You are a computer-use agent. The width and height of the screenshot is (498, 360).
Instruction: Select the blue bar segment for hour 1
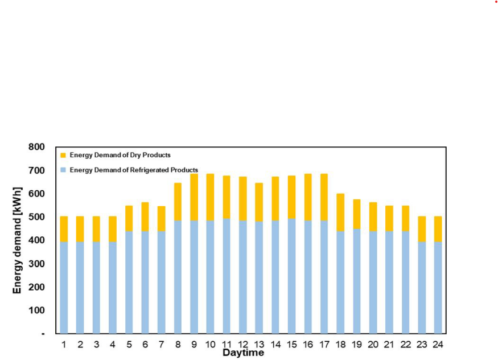64,288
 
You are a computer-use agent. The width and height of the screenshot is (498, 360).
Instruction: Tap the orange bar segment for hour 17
324,197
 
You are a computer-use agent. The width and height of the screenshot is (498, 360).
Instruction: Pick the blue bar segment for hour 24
438,288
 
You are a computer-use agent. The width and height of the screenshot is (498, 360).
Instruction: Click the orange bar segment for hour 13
259,202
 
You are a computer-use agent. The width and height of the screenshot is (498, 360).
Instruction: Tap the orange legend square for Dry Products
63,155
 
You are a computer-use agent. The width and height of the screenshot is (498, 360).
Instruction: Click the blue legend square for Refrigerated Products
63,170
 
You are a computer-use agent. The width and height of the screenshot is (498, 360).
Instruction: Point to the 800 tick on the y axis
36,147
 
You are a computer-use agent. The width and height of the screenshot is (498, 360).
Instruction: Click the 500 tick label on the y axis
36,217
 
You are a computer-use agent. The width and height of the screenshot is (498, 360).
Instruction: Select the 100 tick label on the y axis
36,310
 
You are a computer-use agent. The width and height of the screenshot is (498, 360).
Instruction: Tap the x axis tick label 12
243,344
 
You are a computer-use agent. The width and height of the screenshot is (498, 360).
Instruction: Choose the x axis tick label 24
438,344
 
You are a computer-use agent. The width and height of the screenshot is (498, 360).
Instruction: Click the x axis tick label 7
162,344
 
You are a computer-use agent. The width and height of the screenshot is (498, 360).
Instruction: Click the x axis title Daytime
243,353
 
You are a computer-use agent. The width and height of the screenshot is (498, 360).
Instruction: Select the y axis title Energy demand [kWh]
18,240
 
